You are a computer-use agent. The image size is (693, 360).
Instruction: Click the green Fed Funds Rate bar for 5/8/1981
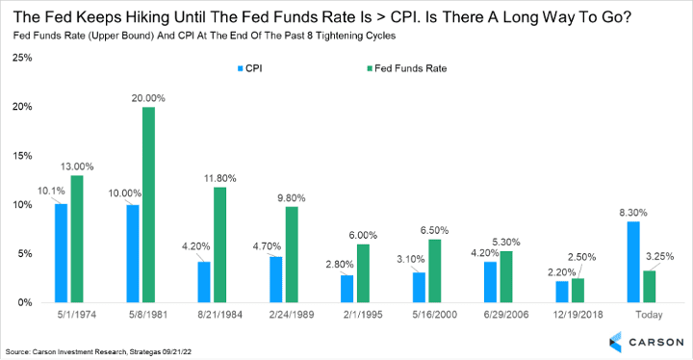click(148, 205)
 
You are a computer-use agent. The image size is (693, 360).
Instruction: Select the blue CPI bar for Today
click(633, 262)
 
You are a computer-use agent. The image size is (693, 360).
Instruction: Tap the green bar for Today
click(650, 287)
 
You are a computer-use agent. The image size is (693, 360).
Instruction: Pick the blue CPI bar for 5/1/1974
click(61, 253)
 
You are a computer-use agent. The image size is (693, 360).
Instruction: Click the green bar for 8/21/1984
click(220, 245)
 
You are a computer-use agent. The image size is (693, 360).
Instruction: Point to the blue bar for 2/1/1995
click(346, 289)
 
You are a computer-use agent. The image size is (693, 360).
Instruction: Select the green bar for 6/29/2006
click(506, 277)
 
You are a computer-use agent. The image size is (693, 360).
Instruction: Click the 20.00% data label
click(148, 98)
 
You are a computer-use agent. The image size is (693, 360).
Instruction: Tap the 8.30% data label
click(633, 213)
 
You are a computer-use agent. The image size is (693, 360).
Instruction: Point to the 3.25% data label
click(660, 256)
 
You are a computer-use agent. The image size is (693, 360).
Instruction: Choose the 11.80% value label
click(220, 178)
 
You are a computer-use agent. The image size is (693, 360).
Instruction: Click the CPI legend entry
click(249, 68)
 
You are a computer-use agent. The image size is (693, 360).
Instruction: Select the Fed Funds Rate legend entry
click(406, 68)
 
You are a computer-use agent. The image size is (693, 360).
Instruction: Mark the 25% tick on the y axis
click(22, 58)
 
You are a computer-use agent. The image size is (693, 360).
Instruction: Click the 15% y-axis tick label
click(22, 156)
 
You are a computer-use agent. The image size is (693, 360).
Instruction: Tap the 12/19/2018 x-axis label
click(577, 315)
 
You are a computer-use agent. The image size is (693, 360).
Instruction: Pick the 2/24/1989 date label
click(292, 315)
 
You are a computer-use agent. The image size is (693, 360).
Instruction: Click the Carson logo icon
click(615, 342)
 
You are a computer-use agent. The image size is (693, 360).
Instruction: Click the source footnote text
click(98, 352)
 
